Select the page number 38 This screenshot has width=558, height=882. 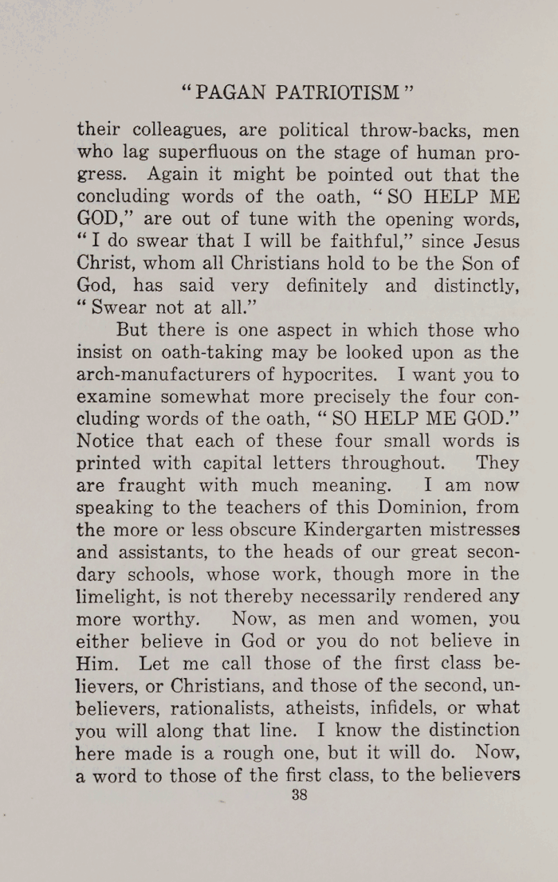pyautogui.click(x=300, y=794)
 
